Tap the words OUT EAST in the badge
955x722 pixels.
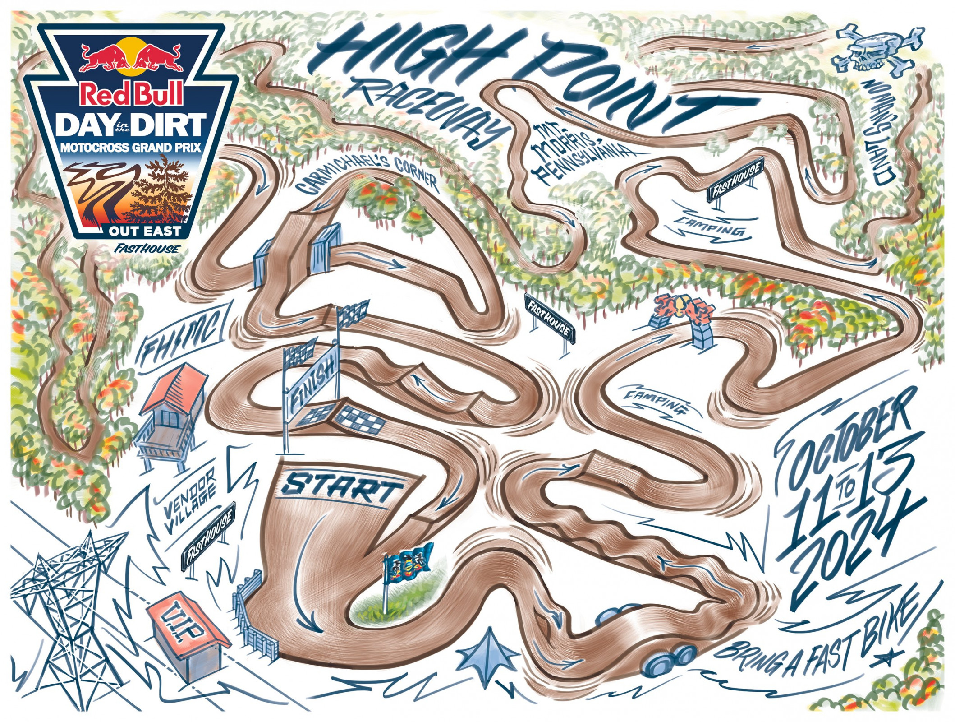(x=144, y=231)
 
